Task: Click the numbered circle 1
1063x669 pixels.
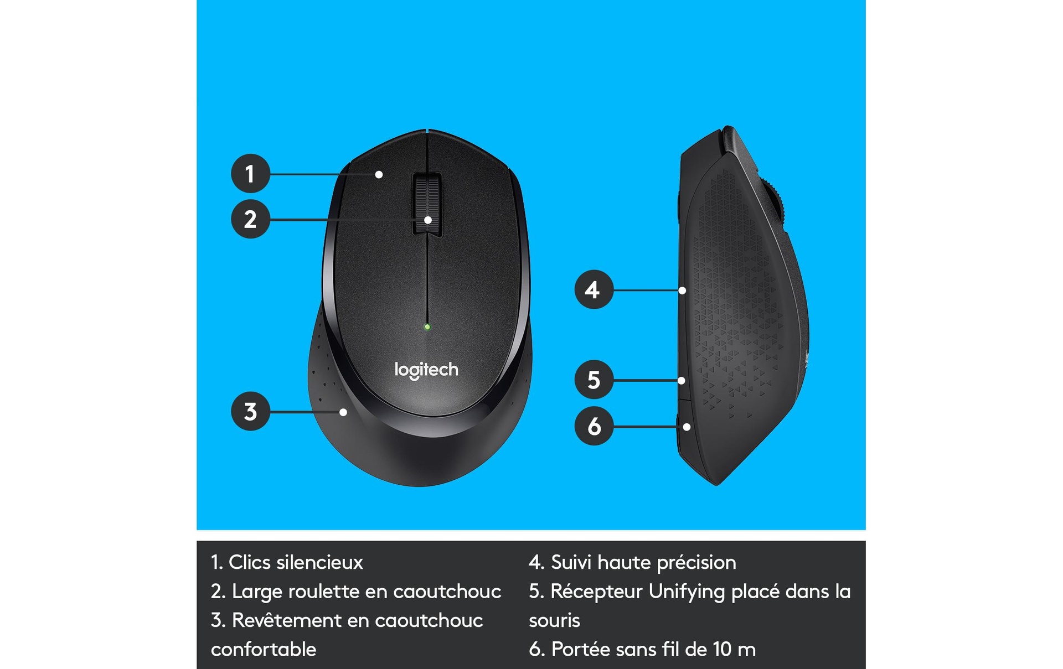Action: coord(250,174)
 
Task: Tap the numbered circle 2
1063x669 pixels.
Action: coord(250,219)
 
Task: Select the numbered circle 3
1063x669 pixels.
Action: coord(250,411)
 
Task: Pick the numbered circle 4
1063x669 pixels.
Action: coord(594,289)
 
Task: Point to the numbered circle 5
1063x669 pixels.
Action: coord(594,380)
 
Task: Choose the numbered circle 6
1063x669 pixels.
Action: coord(594,426)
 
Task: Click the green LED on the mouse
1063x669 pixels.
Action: coord(427,327)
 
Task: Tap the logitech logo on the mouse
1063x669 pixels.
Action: coord(426,370)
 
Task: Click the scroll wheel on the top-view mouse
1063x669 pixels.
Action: coord(427,205)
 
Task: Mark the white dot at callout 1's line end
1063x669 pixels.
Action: coord(379,175)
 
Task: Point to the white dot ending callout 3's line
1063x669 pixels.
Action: coord(343,412)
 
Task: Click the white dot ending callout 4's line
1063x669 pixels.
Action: coord(682,291)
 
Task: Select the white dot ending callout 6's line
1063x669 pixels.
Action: coord(687,427)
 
